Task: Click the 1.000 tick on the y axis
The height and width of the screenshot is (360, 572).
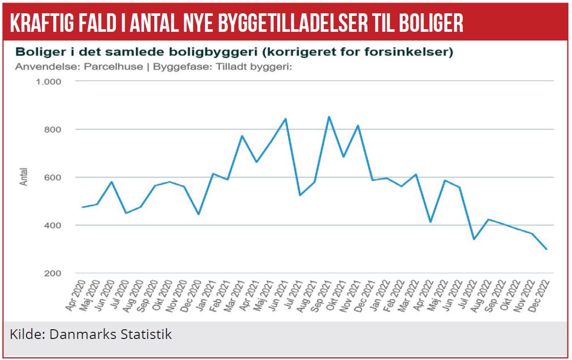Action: (x=49, y=82)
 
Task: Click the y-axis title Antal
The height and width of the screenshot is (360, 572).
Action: (x=24, y=177)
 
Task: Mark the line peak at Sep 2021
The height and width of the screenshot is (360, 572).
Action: (x=329, y=116)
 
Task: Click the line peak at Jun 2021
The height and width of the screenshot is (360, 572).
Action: (x=285, y=118)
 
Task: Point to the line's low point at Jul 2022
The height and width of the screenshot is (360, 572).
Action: (x=474, y=239)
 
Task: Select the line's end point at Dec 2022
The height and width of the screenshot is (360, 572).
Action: (x=547, y=249)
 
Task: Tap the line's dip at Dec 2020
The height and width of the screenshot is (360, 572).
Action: (x=198, y=214)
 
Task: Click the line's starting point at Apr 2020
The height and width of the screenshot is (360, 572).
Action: (x=82, y=207)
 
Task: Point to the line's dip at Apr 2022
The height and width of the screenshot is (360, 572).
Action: (x=431, y=222)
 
